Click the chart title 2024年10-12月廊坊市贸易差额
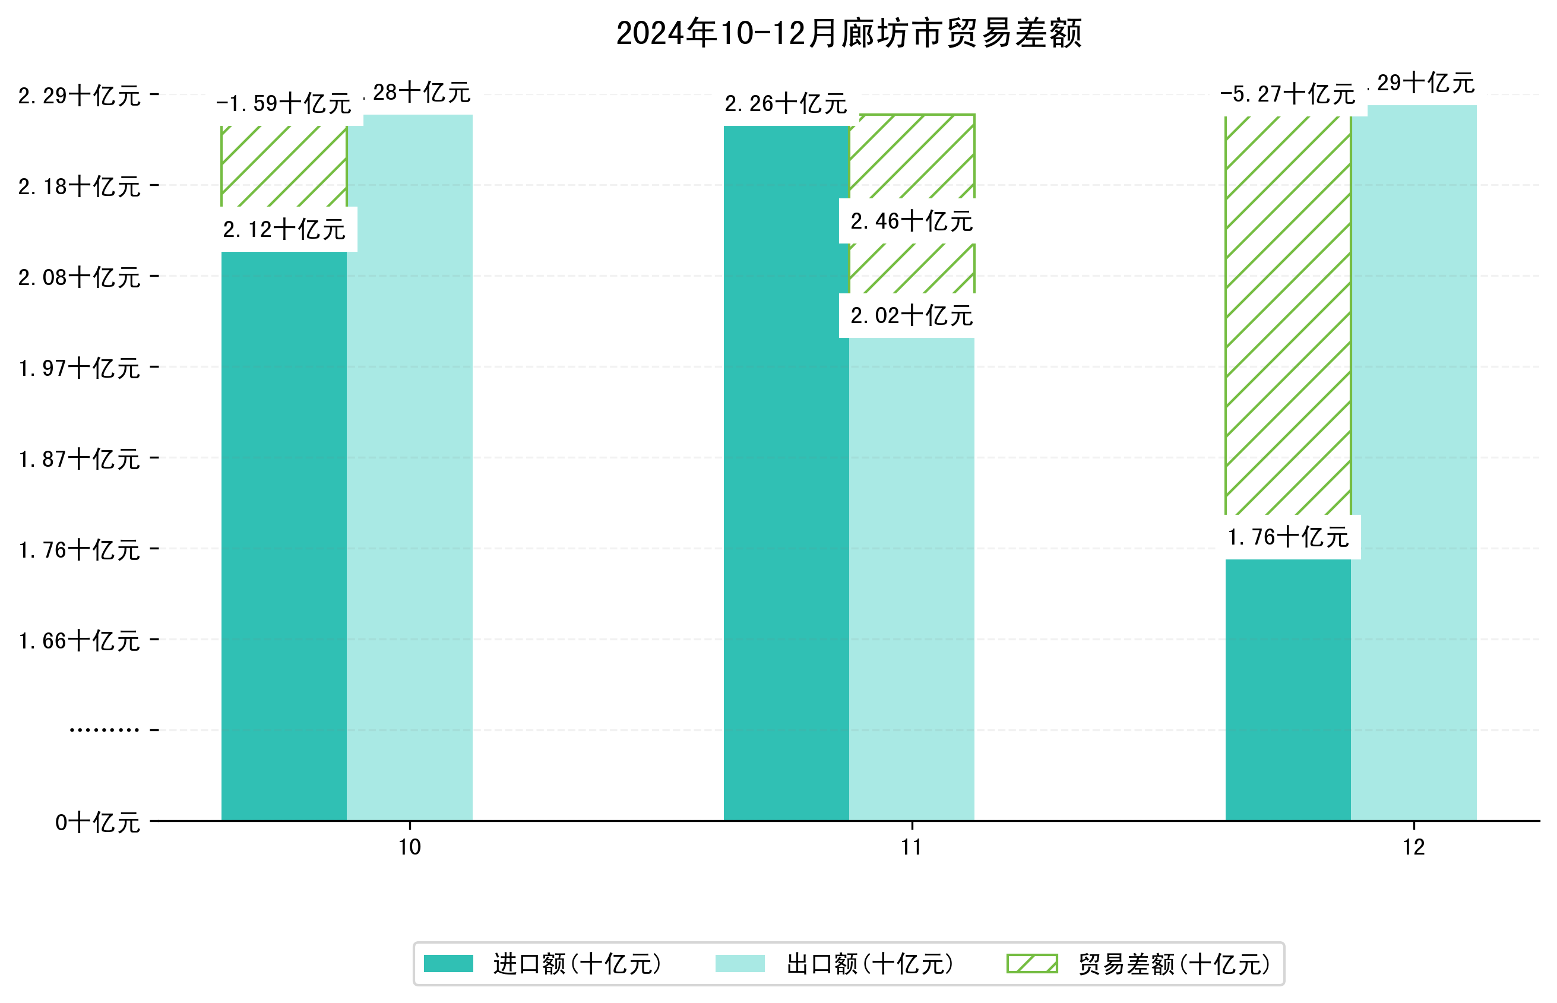click(849, 33)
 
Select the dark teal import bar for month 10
click(284, 534)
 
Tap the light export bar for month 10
click(410, 469)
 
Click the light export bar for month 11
click(912, 580)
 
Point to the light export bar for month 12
click(1414, 463)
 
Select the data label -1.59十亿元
click(284, 103)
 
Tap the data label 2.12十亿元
click(284, 229)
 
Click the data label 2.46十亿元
click(912, 222)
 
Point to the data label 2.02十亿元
click(912, 316)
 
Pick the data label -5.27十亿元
click(1287, 94)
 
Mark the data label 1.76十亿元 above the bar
click(1287, 537)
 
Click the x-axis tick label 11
click(912, 847)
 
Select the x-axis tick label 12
click(1414, 847)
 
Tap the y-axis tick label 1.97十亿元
click(80, 369)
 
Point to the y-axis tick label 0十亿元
click(97, 822)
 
